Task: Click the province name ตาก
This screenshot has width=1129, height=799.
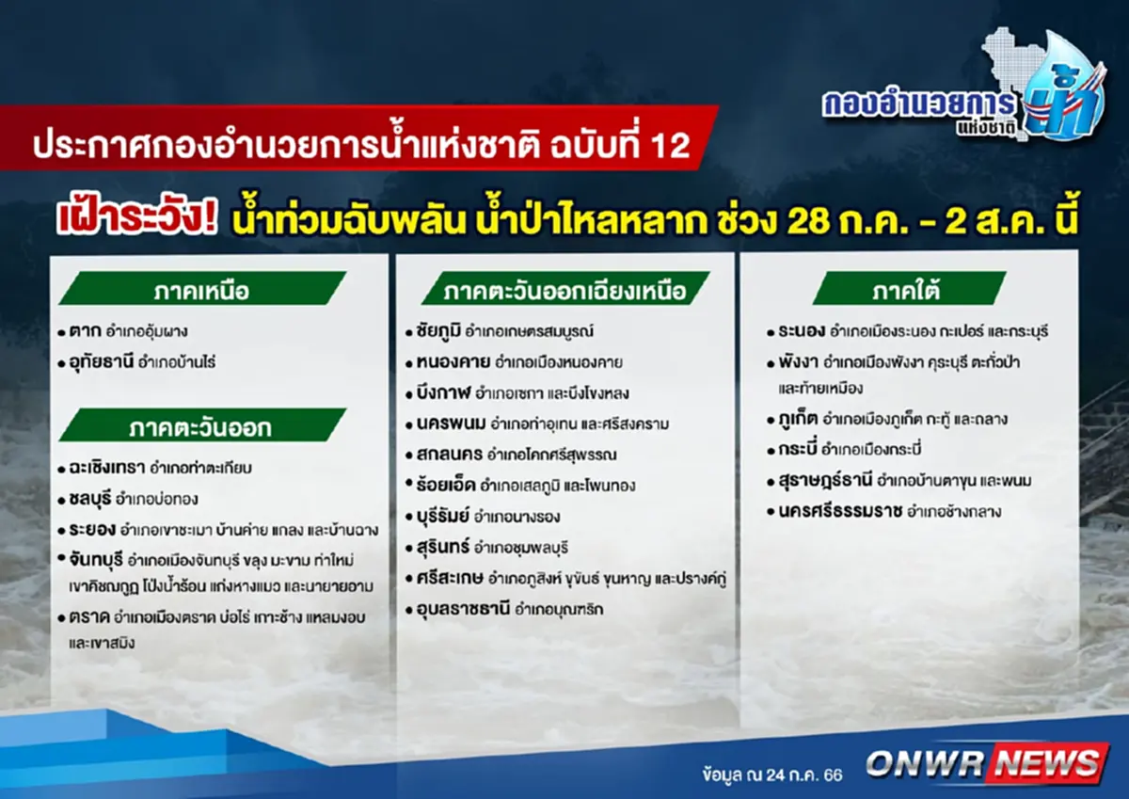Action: point(85,331)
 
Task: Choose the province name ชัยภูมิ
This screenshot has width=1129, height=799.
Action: point(437,331)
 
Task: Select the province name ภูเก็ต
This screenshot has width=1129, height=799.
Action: point(795,419)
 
